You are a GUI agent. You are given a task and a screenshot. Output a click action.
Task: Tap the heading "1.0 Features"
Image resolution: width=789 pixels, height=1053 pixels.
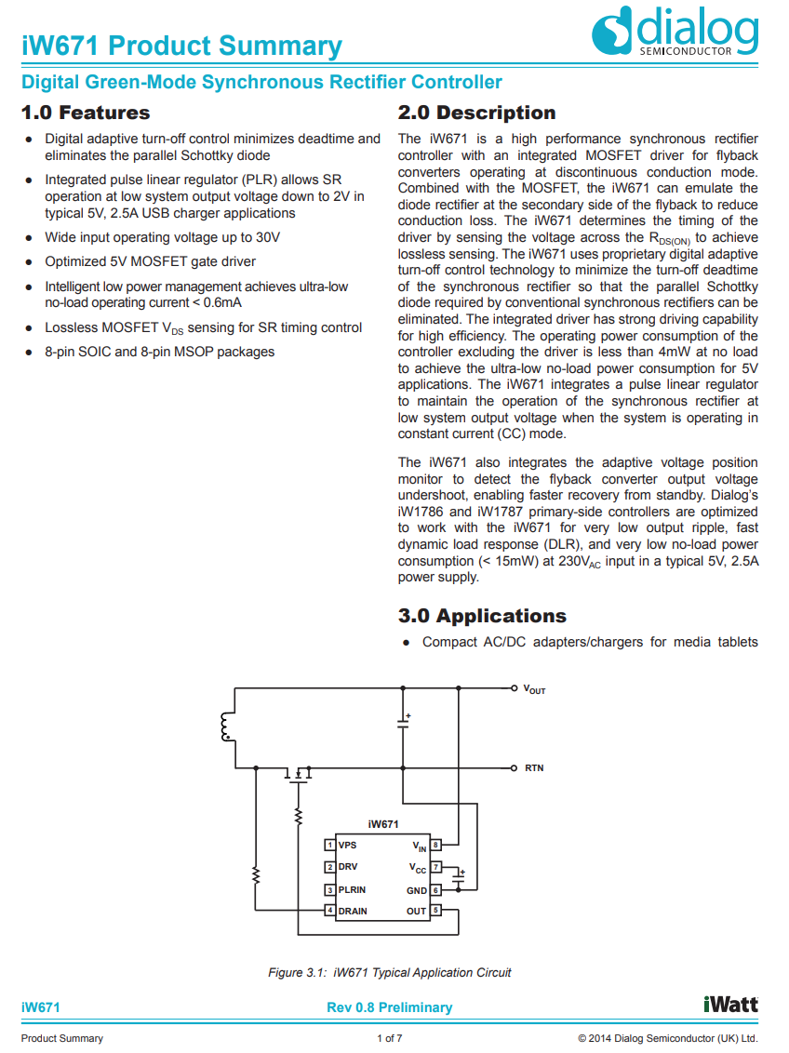(x=86, y=113)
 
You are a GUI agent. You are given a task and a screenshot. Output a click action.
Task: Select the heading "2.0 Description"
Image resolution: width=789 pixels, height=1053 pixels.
(x=476, y=113)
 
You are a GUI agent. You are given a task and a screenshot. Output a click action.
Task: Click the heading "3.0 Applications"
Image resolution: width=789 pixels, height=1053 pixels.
(x=482, y=616)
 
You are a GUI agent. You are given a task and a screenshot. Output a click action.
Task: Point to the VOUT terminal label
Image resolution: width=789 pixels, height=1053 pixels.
(x=534, y=690)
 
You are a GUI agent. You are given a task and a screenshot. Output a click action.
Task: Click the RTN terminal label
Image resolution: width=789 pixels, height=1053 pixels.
(x=534, y=768)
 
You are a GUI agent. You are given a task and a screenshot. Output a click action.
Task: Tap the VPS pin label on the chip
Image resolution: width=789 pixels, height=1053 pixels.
(x=347, y=846)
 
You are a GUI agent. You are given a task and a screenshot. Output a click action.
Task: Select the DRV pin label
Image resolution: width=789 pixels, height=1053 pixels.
(x=348, y=867)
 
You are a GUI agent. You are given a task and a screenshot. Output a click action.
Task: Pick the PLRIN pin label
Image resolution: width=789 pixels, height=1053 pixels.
(x=352, y=889)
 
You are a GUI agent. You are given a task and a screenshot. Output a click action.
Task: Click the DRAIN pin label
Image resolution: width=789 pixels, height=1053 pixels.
(x=353, y=911)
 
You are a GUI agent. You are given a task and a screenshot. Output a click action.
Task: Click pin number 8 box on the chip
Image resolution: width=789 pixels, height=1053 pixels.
(x=435, y=846)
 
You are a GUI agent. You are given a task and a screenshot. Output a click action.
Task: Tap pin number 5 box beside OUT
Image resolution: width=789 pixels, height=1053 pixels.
(x=435, y=912)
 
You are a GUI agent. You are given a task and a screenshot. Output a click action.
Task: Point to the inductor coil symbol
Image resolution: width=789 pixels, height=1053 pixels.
(x=225, y=727)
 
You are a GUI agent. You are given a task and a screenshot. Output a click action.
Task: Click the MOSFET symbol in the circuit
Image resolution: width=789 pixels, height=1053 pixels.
(x=298, y=774)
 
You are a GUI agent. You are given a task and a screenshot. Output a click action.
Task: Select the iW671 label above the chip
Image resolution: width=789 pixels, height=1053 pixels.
(x=383, y=824)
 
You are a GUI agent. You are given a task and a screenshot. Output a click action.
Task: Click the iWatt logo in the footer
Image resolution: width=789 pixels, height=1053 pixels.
(x=730, y=1005)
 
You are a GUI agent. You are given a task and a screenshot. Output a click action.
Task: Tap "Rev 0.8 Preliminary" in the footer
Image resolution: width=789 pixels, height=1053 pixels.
(x=390, y=1007)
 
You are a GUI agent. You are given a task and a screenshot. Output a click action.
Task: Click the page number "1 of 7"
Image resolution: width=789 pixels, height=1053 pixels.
(x=389, y=1038)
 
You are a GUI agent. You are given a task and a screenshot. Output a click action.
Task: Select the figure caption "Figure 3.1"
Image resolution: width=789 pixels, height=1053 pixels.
(x=390, y=973)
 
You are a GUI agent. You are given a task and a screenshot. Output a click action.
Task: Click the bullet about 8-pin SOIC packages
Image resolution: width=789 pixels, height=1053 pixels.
(x=159, y=352)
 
